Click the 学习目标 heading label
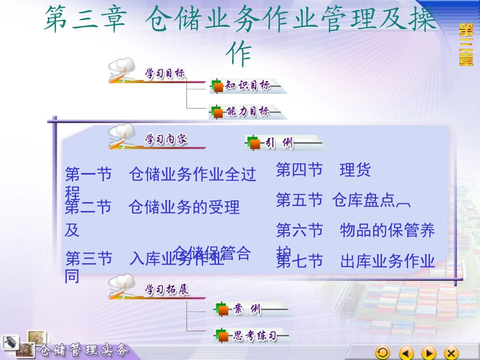[165, 74]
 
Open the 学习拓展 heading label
[167, 290]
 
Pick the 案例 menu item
[248, 310]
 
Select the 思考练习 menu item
[254, 335]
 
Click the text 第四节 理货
[323, 170]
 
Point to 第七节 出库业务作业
[355, 261]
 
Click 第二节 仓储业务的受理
[152, 207]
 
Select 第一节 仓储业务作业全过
[160, 175]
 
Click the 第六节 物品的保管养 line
[355, 231]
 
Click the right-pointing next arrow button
[429, 352]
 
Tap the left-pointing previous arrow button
[406, 352]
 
